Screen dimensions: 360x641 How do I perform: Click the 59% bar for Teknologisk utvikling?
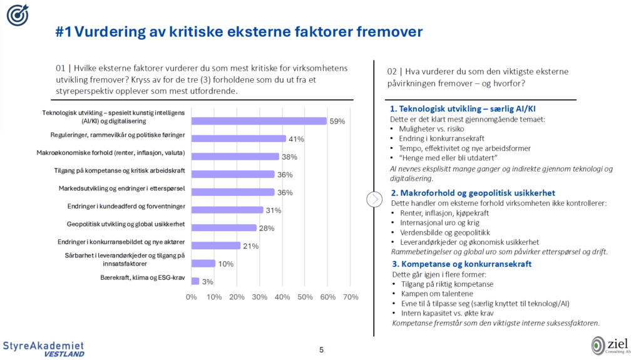point(259,121)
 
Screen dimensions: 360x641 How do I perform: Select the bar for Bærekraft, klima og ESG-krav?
point(195,281)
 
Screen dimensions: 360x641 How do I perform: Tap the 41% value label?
point(295,139)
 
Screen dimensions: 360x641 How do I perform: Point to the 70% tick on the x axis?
point(350,297)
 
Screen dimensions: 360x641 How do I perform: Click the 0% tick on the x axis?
point(192,297)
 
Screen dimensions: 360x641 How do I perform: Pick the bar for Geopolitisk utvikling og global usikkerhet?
point(223,228)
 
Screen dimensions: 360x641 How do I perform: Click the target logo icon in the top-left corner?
point(17,16)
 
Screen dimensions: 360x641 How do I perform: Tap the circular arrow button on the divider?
point(374,199)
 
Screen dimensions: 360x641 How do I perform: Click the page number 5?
point(321,349)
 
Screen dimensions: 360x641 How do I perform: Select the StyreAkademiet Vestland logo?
point(43,349)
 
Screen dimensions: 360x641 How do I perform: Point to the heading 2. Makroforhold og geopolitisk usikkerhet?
point(473,193)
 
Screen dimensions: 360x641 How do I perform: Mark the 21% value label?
point(250,246)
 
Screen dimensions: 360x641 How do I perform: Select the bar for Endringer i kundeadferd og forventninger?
point(227,210)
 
